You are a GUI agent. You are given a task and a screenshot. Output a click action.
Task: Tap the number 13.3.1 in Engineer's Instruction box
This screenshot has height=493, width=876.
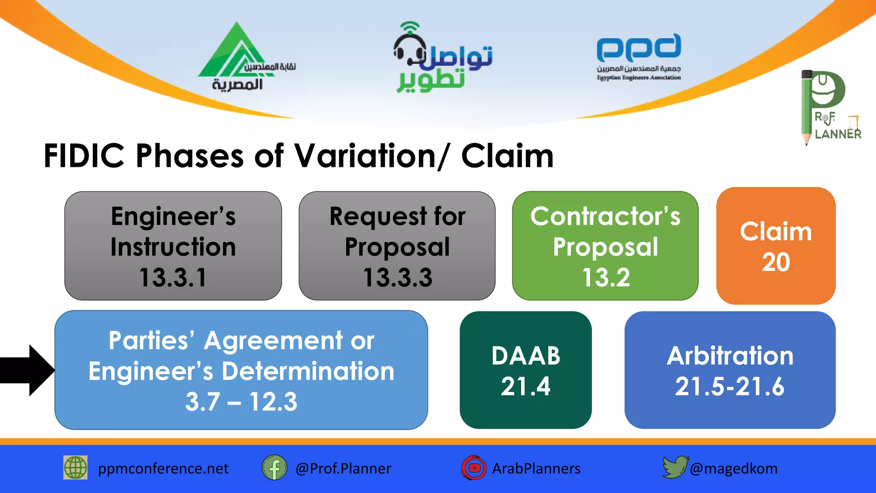click(173, 277)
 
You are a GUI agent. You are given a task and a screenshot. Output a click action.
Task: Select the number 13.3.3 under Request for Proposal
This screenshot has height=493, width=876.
click(397, 277)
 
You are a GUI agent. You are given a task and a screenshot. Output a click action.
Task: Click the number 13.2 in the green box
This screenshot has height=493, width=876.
click(606, 277)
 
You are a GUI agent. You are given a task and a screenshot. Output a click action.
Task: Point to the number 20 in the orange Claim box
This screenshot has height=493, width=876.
click(775, 262)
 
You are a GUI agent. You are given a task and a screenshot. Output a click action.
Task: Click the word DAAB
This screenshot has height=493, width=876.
click(526, 356)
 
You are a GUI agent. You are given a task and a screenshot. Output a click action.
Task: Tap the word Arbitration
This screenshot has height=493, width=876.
click(730, 356)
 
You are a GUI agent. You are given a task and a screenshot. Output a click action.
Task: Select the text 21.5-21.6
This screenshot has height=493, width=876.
click(730, 386)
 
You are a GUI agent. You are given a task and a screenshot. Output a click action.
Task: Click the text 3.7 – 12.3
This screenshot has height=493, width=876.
click(241, 402)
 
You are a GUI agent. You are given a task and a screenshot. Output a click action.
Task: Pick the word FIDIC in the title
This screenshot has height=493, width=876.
click(84, 156)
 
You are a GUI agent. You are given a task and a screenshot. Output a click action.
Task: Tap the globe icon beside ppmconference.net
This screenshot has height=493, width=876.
click(75, 467)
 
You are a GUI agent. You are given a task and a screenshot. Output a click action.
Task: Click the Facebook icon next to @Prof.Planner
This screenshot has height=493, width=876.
click(274, 468)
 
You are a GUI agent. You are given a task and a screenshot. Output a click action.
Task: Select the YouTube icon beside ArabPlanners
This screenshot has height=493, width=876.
click(474, 468)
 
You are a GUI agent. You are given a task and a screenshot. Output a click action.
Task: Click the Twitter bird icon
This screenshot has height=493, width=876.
click(675, 467)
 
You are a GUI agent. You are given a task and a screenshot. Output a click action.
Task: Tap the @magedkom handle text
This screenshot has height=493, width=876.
click(734, 469)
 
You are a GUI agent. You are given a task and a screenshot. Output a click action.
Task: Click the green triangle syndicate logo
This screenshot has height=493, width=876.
click(233, 53)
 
